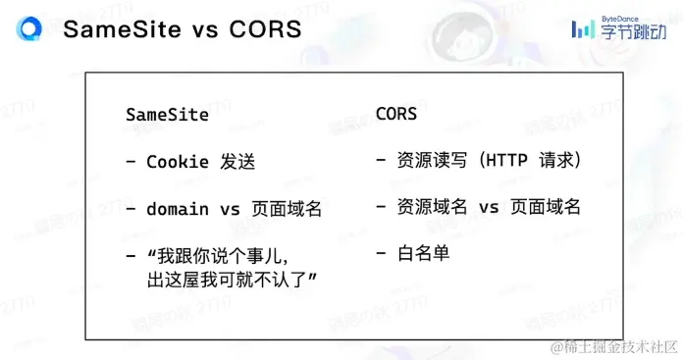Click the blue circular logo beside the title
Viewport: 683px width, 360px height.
[x=30, y=29]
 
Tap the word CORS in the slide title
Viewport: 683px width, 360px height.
[x=260, y=29]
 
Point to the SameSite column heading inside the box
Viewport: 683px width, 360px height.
[x=168, y=114]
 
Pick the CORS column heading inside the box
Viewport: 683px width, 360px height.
[x=396, y=114]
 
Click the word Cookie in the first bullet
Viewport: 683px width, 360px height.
[x=178, y=162]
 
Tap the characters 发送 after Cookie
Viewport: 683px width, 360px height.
[x=238, y=162]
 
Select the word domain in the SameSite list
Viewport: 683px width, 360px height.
[x=178, y=209]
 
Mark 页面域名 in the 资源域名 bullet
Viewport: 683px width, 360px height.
[x=546, y=207]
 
